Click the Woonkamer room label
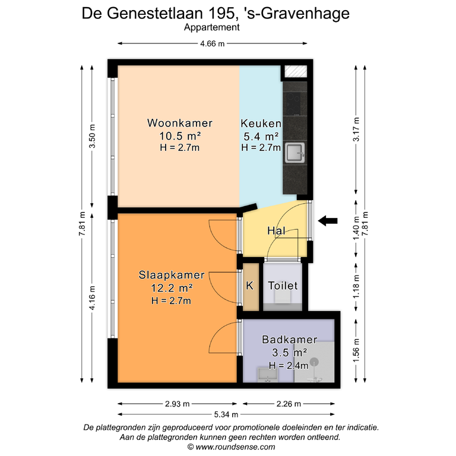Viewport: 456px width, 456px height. click(180, 123)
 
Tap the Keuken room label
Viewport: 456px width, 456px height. click(261, 123)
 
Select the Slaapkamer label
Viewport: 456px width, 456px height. click(172, 275)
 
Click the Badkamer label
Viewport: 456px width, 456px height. click(289, 340)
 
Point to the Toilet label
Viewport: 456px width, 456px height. click(283, 286)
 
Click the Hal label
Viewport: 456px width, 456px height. click(276, 231)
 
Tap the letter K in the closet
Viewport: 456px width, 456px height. click(249, 286)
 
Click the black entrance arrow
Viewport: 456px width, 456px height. click(328, 221)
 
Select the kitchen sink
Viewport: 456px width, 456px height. click(294, 153)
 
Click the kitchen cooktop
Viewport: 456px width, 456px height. click(292, 104)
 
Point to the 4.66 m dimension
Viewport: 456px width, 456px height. click(213, 43)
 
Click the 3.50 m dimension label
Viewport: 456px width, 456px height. click(92, 136)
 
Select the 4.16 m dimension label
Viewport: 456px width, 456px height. click(92, 298)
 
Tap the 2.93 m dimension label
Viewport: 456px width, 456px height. click(177, 404)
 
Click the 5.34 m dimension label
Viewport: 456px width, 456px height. click(226, 414)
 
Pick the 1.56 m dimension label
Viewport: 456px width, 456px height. click(356, 350)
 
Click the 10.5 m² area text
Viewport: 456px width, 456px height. click(180, 136)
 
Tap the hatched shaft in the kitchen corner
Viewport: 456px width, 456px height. click(296, 71)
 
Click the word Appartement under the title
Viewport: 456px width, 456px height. click(212, 27)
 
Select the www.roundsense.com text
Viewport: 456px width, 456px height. click(235, 447)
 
